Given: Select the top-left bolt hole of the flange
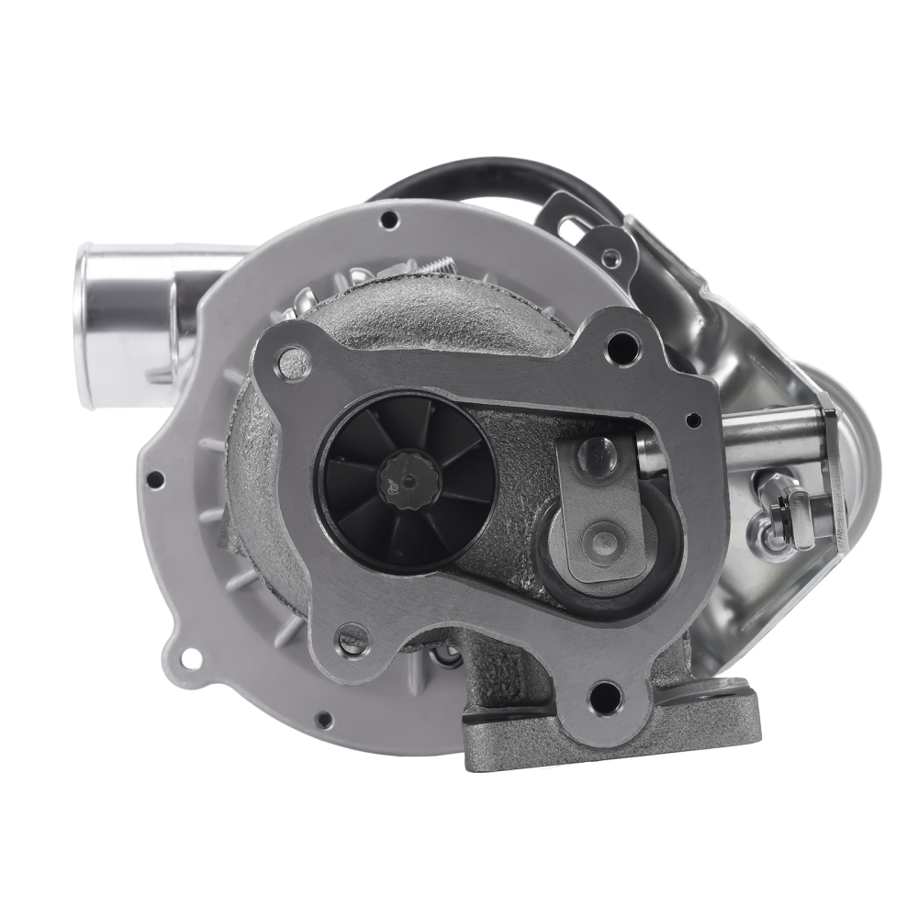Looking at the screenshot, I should [294, 362].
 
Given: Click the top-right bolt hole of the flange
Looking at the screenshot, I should [622, 347].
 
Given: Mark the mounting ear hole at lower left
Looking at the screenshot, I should [190, 657].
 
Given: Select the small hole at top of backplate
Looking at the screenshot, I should [389, 219].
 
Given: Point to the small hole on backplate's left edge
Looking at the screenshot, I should [156, 478].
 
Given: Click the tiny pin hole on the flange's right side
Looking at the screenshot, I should [694, 420].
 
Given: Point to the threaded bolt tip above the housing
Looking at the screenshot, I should [441, 264].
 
